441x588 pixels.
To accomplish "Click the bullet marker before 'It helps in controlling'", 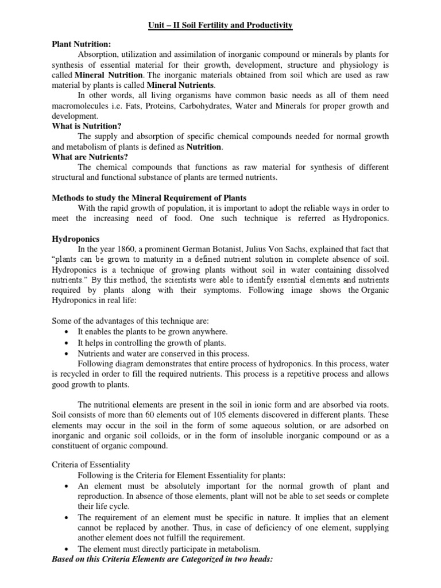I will (x=69, y=343).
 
